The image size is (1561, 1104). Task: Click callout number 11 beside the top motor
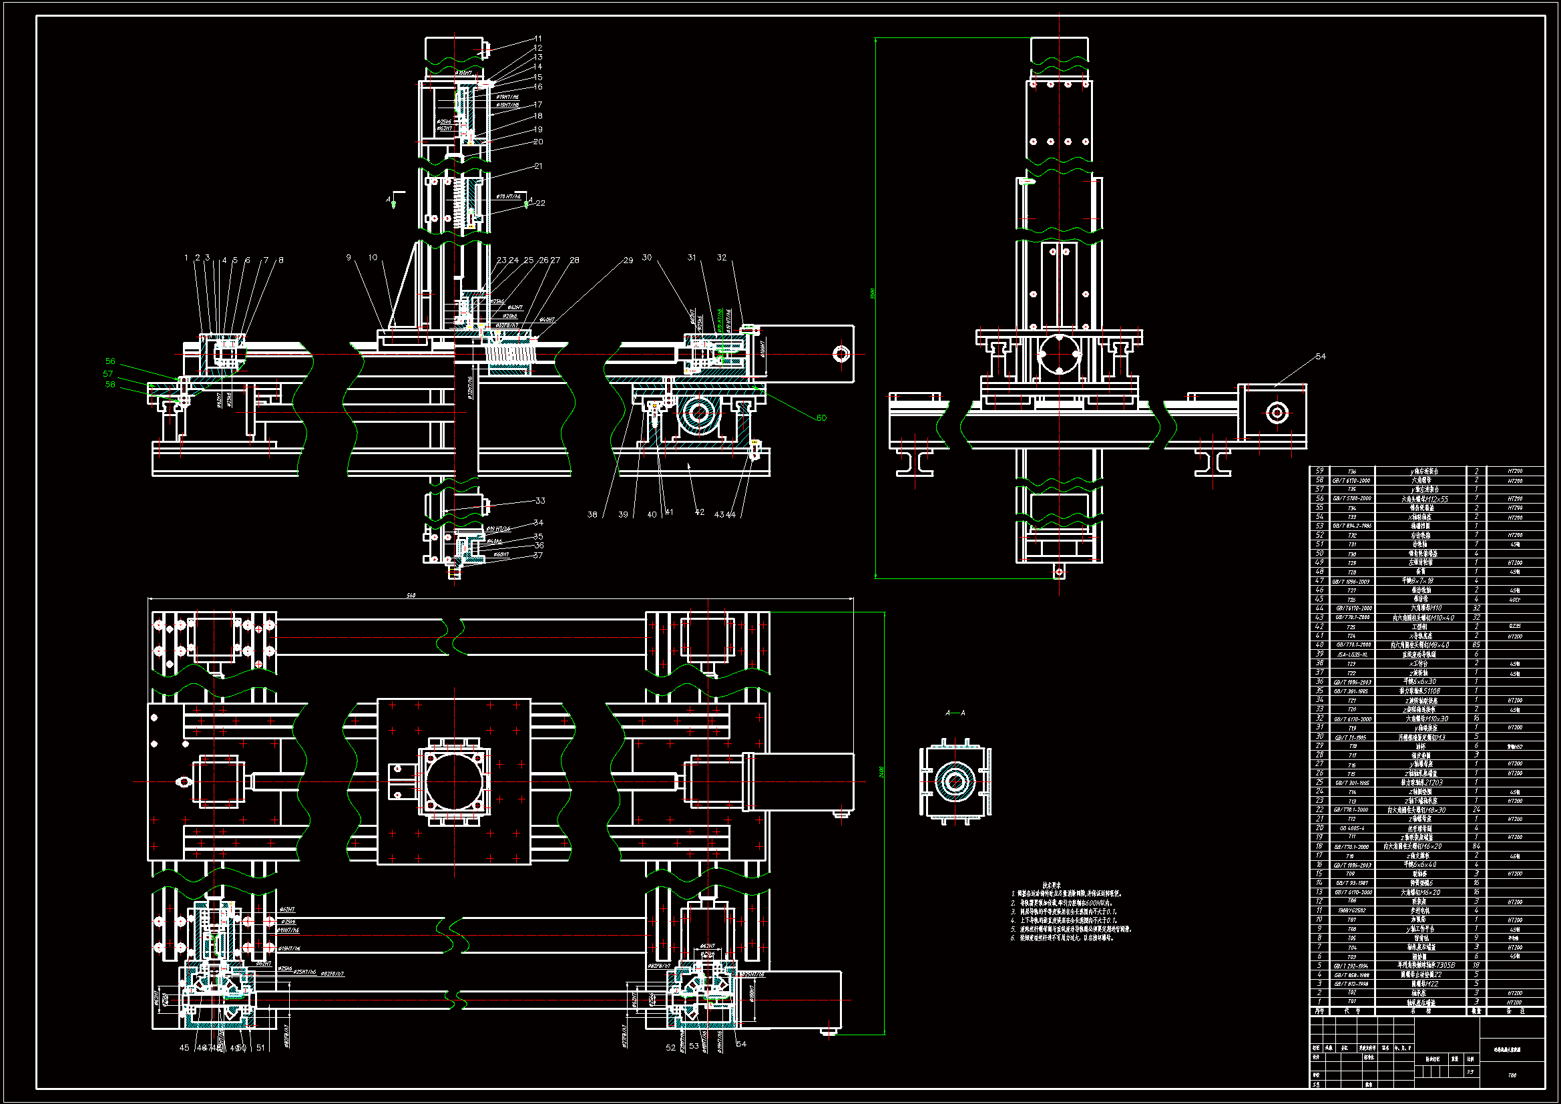click(537, 39)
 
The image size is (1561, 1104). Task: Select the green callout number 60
click(821, 417)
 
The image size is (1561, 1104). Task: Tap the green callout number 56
click(110, 361)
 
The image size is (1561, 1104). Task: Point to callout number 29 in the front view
click(628, 260)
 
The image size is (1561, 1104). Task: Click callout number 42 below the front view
click(700, 512)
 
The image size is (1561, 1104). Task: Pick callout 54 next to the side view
click(1321, 357)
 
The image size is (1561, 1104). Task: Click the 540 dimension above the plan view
click(411, 596)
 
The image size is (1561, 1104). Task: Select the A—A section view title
click(955, 713)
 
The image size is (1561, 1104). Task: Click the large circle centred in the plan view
click(454, 781)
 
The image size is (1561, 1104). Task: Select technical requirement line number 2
click(1068, 903)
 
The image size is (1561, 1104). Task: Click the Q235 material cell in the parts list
click(1515, 626)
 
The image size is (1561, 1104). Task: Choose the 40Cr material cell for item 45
click(1515, 599)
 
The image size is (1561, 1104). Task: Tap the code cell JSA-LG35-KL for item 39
click(1351, 655)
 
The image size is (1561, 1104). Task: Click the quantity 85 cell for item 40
click(1476, 645)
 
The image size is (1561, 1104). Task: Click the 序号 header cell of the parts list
click(1319, 1011)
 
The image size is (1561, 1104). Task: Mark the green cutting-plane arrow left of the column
click(393, 203)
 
